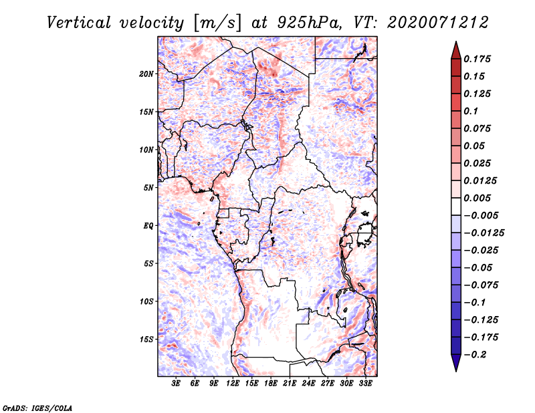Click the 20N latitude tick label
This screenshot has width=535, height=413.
point(146,74)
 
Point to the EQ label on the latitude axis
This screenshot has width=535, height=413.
point(148,226)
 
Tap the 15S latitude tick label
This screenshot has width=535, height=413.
point(146,339)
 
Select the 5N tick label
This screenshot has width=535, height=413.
point(148,188)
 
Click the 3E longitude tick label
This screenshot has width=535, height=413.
point(177,384)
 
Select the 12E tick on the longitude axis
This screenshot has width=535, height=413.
point(233,384)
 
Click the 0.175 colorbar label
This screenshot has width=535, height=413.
point(478,59)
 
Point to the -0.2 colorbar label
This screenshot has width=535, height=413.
point(475,354)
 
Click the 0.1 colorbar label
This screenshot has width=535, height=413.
point(471,111)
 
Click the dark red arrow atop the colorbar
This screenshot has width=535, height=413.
point(455,49)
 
